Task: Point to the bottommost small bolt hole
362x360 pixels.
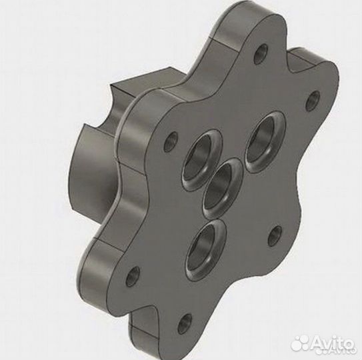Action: pyautogui.click(x=185, y=323)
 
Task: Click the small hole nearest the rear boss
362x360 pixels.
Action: pyautogui.click(x=171, y=141)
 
